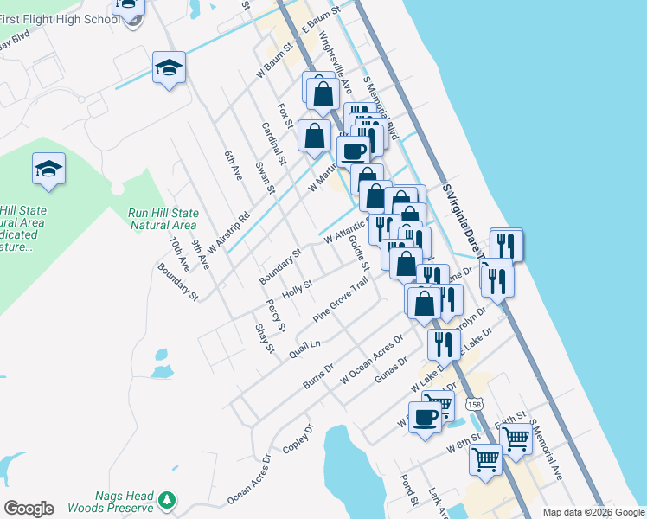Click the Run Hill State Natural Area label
pyautogui.click(x=163, y=219)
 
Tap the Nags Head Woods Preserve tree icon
pyautogui.click(x=167, y=500)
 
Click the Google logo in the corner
pyautogui.click(x=29, y=509)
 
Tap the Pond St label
pyautogui.click(x=409, y=489)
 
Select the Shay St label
pyautogui.click(x=264, y=337)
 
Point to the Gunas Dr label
pyautogui.click(x=391, y=370)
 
